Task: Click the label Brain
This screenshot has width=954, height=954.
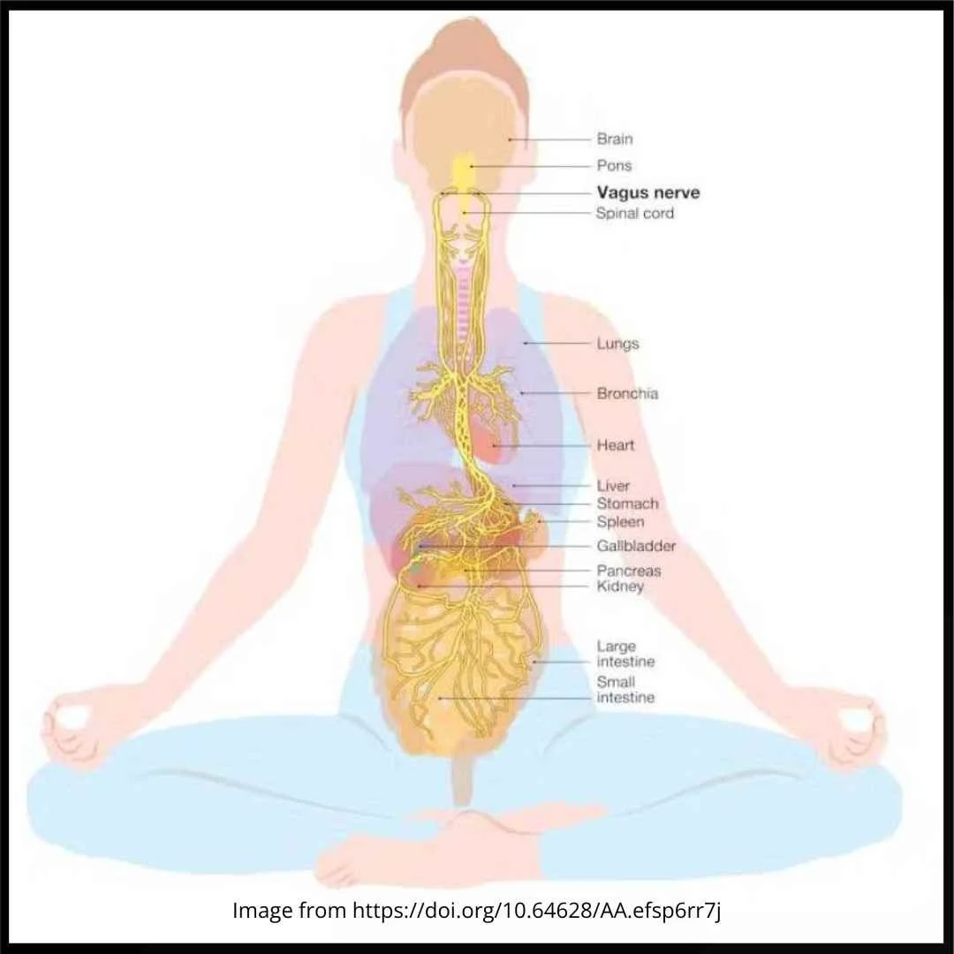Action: coord(615,139)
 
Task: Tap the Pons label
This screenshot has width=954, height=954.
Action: coord(614,165)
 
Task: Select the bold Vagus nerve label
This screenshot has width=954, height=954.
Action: coord(648,193)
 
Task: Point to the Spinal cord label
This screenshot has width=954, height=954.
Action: coord(634,213)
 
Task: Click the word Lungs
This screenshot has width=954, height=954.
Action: coord(617,344)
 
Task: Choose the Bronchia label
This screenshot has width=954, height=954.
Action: coord(627,393)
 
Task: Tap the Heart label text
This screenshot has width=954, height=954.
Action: coord(615,445)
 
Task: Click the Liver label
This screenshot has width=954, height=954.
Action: coord(613,486)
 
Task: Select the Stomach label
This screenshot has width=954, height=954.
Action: coord(627,503)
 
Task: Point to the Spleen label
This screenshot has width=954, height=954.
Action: coord(620,521)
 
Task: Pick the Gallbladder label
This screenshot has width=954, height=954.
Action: coord(636,546)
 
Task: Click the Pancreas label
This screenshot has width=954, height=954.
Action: coord(629,571)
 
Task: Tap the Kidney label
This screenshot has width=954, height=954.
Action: coord(620,587)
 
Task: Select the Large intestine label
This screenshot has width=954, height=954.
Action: coord(625,655)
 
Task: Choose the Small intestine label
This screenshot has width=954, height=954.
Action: coord(625,690)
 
